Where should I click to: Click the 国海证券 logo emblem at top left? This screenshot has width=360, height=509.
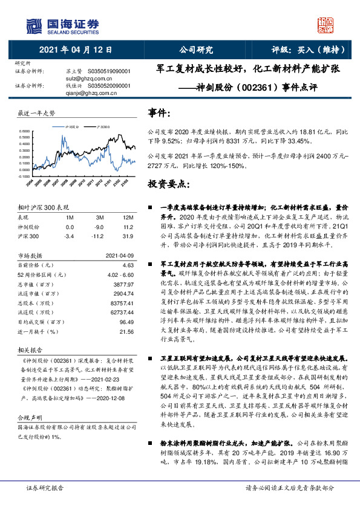34,24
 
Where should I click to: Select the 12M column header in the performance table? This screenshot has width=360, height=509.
128,216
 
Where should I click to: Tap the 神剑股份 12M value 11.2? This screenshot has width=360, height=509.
128,226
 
